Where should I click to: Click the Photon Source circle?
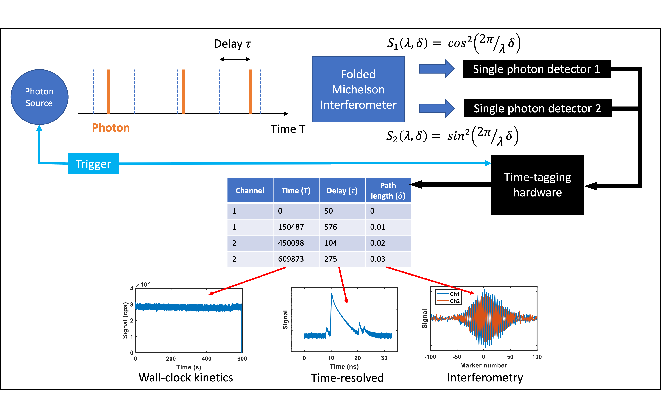[39, 97]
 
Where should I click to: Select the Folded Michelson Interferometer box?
[358, 89]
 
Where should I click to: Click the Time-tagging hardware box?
[537, 185]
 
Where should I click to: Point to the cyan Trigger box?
[93, 164]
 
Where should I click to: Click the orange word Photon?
[111, 128]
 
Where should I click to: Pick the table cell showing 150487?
[291, 227]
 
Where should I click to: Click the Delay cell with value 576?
[331, 227]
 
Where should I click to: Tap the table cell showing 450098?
[291, 243]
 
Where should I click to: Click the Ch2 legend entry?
[455, 301]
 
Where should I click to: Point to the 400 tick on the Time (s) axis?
[206, 359]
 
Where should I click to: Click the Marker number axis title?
[483, 365]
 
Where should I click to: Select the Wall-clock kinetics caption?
[185, 377]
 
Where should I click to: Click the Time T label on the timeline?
[288, 129]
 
